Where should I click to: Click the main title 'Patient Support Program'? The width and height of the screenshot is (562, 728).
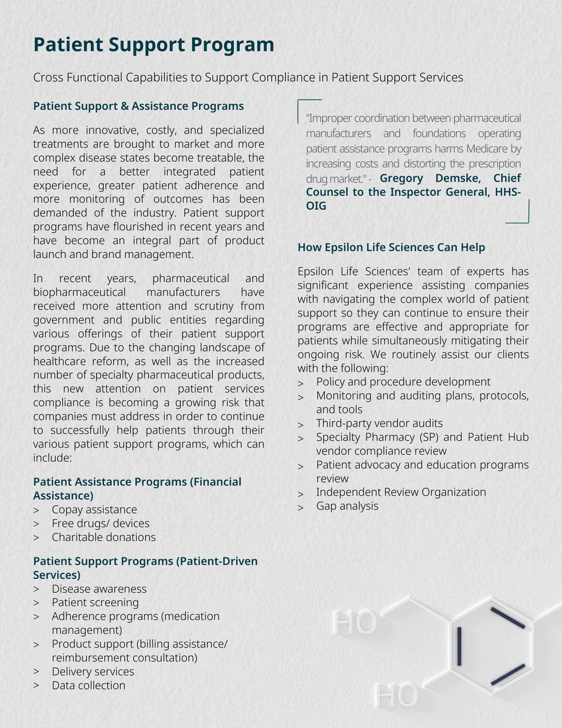[153, 44]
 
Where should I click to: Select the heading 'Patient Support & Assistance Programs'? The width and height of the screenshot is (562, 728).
[138, 106]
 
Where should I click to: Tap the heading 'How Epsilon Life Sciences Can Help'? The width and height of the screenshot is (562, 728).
[391, 247]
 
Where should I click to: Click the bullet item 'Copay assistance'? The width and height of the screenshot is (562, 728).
[94, 509]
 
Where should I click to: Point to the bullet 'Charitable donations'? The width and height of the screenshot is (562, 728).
[103, 537]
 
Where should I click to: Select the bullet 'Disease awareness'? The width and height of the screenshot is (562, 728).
[99, 588]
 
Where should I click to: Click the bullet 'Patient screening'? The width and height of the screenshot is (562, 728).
[95, 602]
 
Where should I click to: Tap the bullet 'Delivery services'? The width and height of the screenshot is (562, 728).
[93, 671]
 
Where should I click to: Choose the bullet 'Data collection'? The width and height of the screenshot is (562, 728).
[88, 685]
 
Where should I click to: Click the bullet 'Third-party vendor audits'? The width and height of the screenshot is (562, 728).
[379, 423]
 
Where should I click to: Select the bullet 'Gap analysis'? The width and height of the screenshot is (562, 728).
[347, 506]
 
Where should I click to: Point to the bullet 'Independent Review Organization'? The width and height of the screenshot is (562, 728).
[401, 492]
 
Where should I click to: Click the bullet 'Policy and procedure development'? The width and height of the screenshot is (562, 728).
[403, 381]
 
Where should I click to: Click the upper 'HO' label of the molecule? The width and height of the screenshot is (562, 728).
[354, 622]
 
